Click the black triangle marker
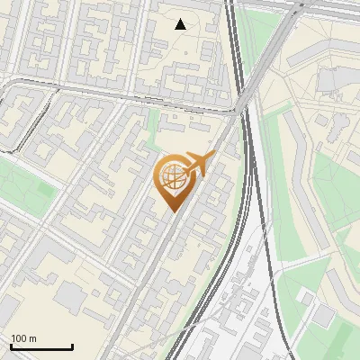181,24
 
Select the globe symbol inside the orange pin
172,175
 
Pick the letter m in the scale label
32,338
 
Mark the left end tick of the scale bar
11,346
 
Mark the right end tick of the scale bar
72,346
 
